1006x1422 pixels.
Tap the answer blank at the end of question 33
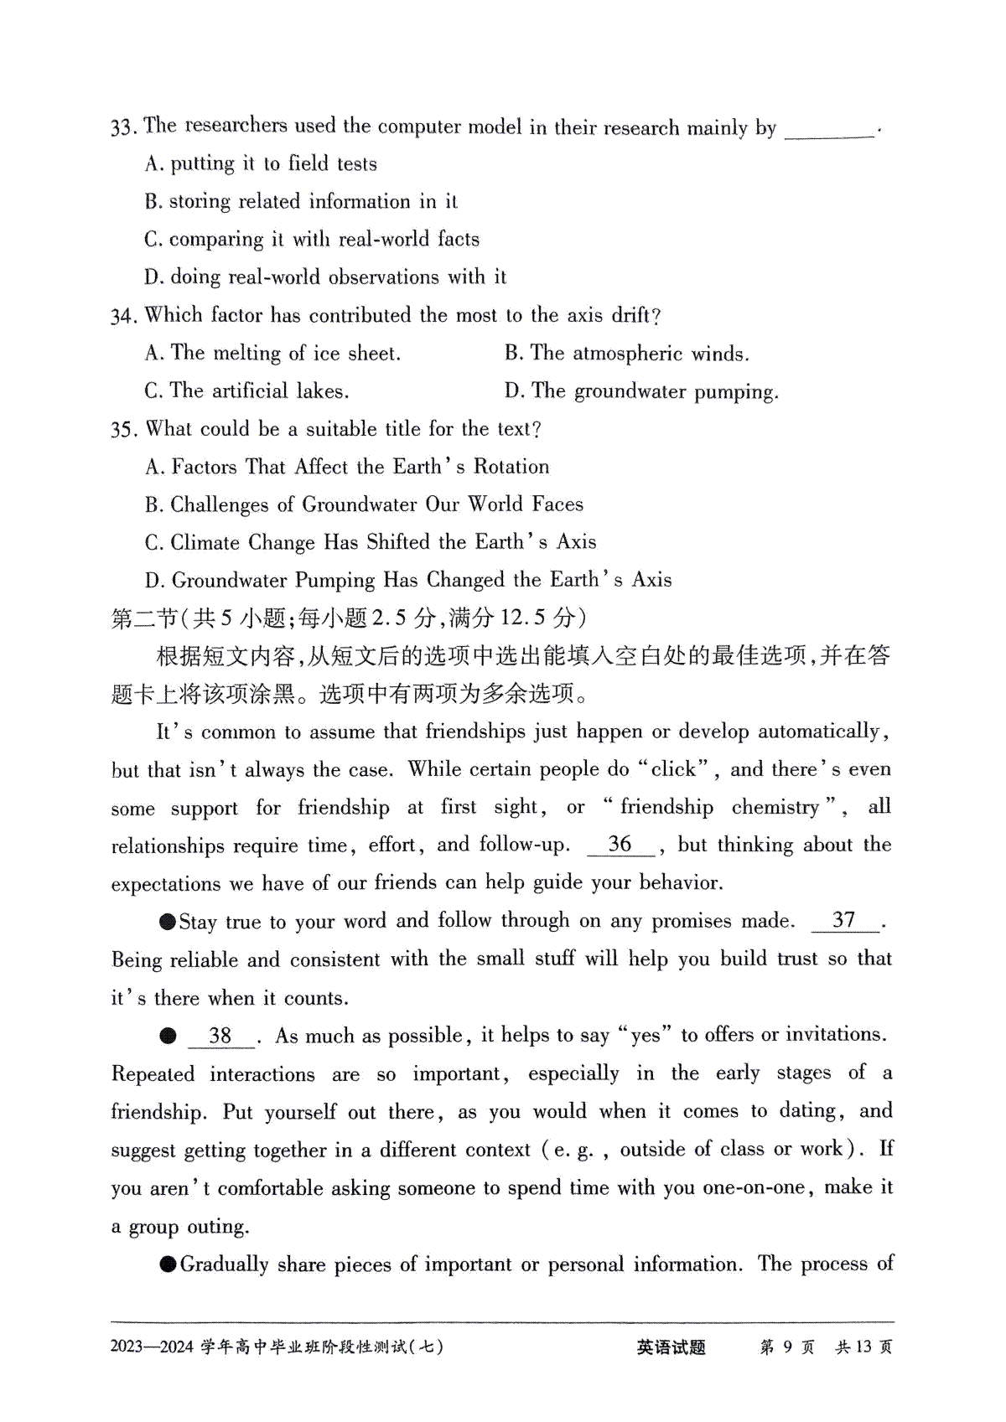pos(829,130)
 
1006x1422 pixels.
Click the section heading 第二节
pos(144,618)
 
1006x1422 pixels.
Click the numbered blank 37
pos(844,920)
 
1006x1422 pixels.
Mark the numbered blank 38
pos(220,1036)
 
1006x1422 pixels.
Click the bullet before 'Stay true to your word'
pos(168,922)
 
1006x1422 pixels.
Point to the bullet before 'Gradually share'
pos(168,1264)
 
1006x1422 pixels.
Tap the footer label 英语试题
pos(671,1347)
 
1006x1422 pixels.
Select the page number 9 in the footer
pos(787,1347)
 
